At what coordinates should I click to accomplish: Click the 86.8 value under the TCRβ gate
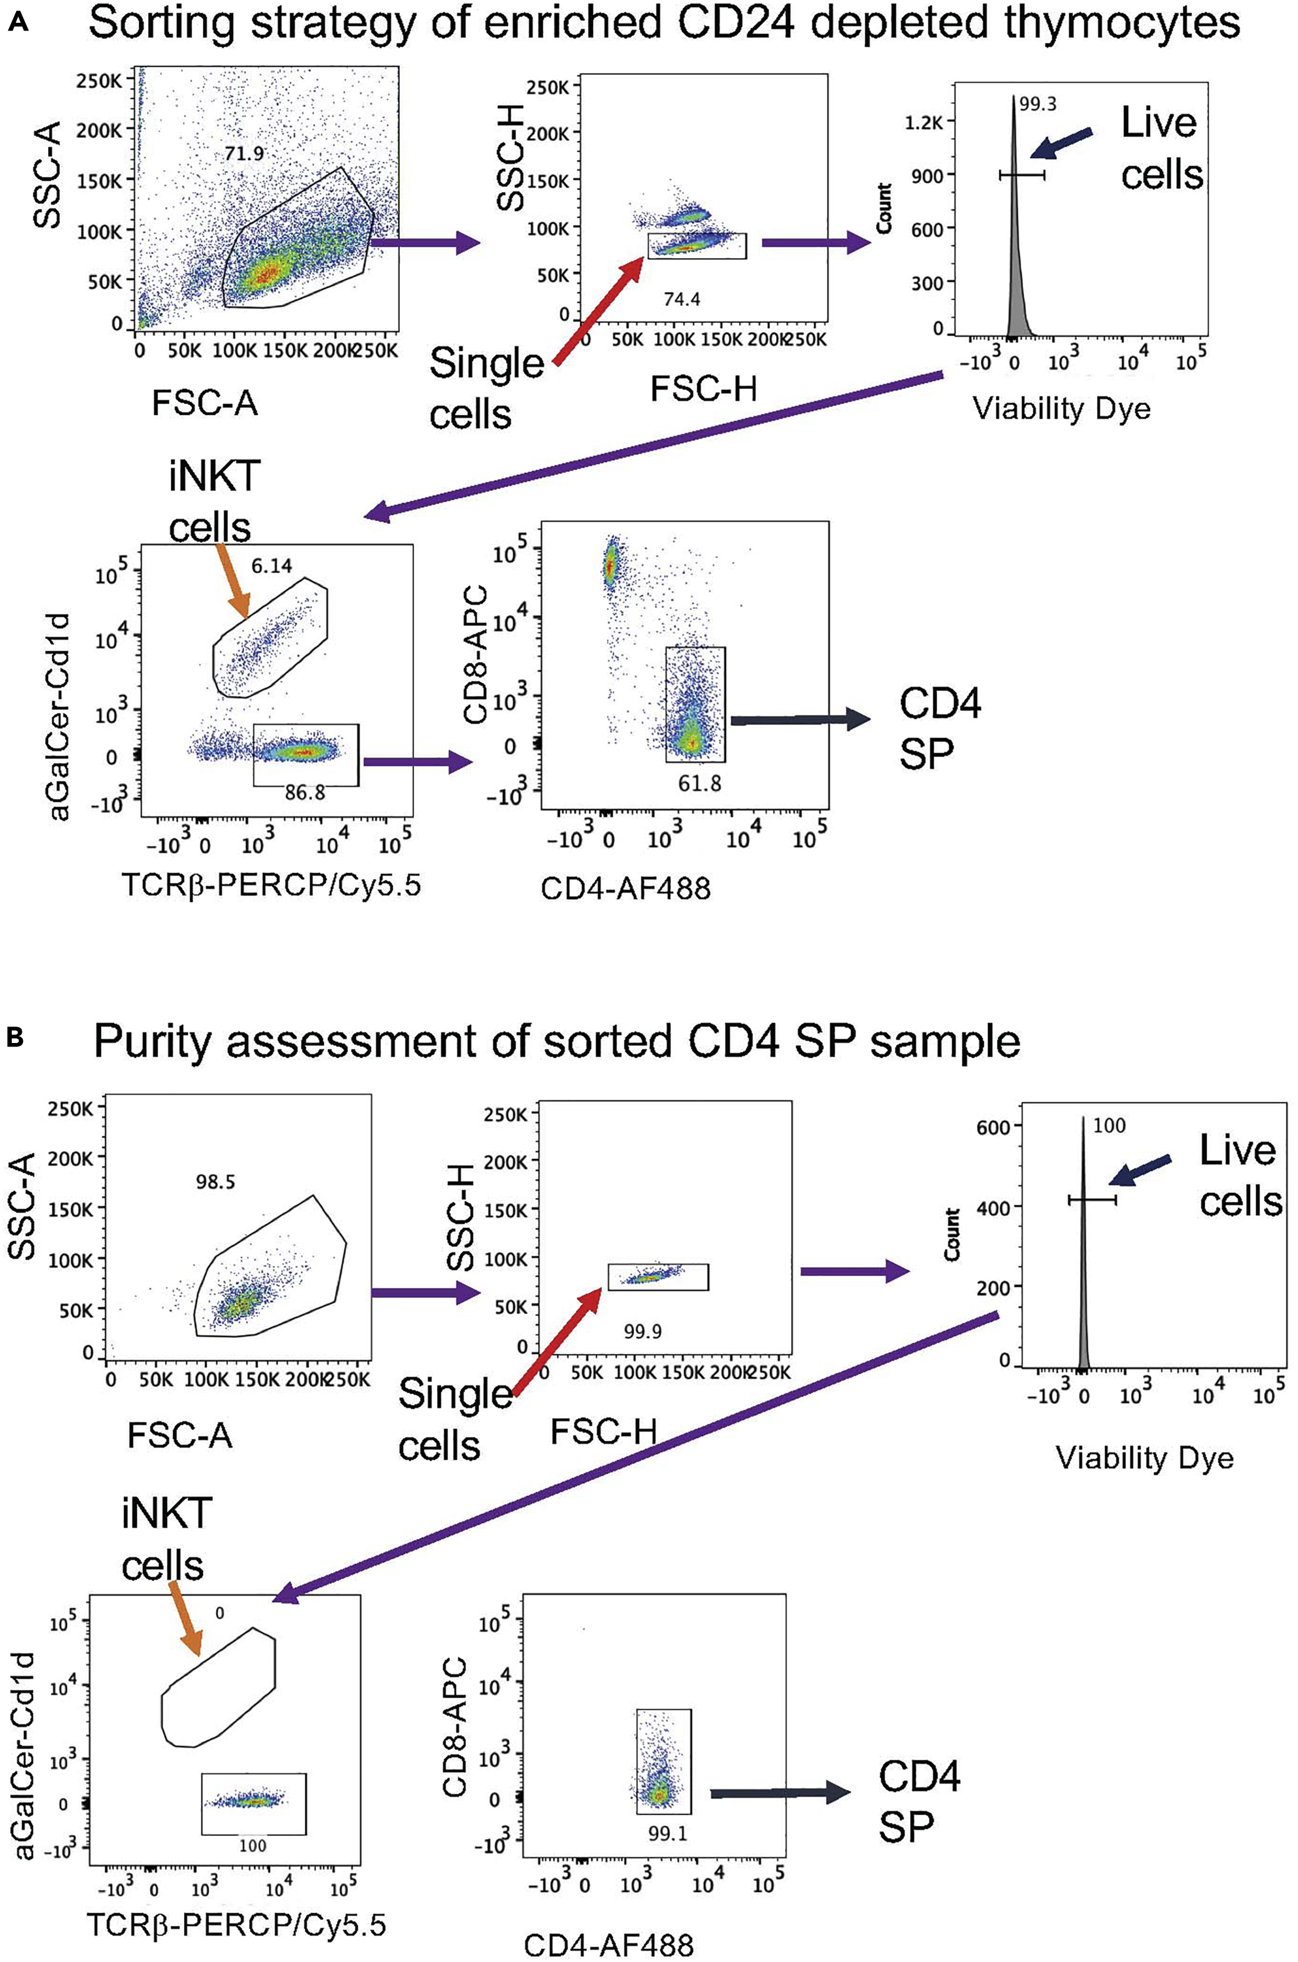(306, 793)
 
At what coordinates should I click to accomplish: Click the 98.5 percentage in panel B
(215, 1182)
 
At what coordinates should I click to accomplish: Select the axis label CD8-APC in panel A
(475, 655)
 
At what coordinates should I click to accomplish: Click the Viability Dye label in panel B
(1144, 1458)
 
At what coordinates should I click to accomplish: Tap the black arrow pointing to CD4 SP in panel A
(799, 719)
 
